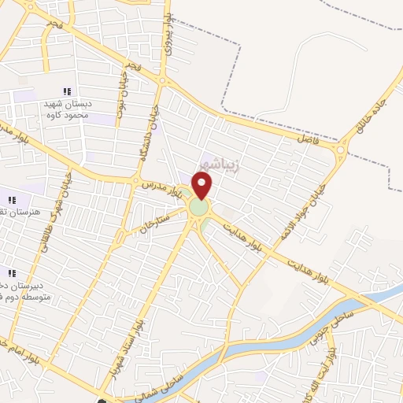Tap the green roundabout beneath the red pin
click(x=198, y=209)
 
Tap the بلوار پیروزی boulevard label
click(x=166, y=30)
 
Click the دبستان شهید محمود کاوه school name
click(x=67, y=109)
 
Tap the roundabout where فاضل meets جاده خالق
click(x=342, y=149)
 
